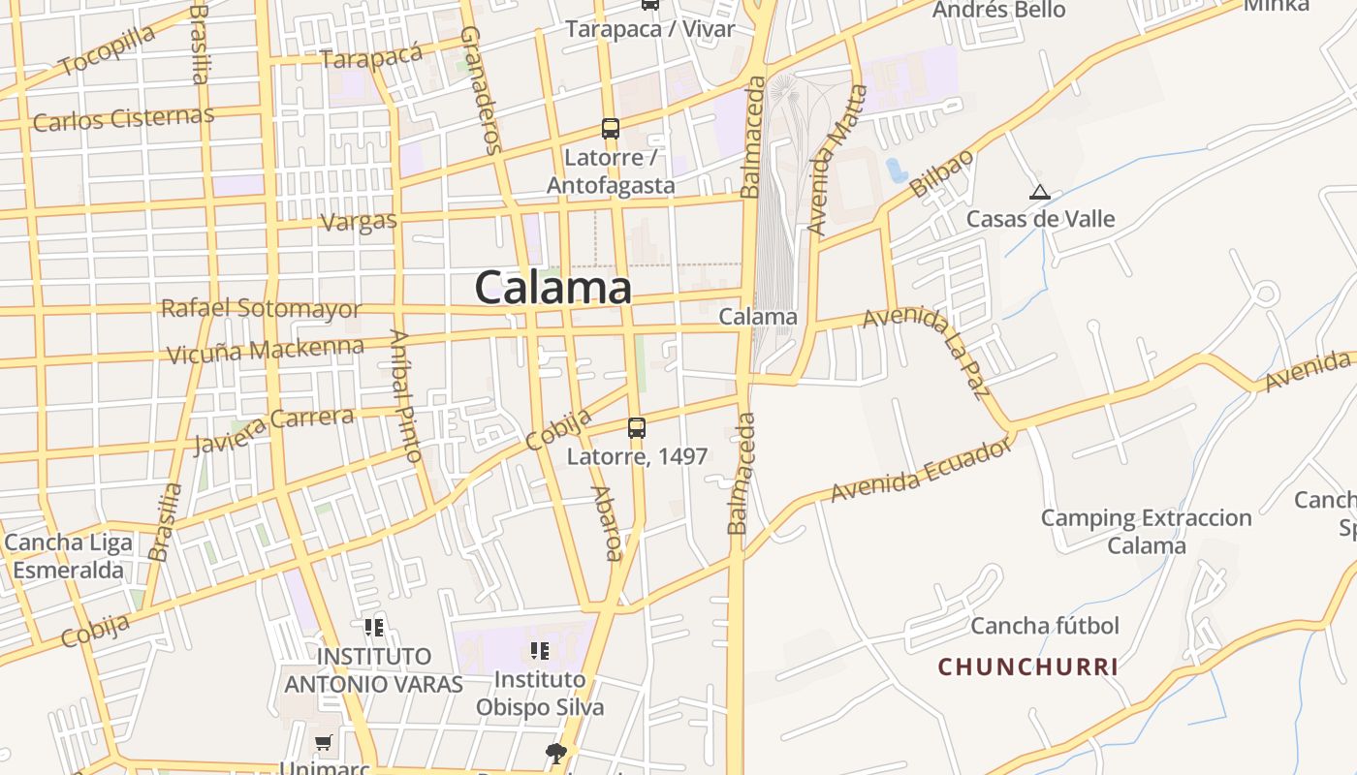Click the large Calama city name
coord(552,288)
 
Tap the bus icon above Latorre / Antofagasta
coord(611,128)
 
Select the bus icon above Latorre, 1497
coord(637,427)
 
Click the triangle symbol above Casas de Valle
coord(1040,192)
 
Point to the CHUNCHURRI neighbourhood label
coord(1028,666)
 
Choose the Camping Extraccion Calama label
coord(1147,531)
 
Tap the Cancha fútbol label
coord(1045,626)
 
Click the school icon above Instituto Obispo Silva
coord(540,651)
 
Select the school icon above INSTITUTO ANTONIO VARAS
coord(374,628)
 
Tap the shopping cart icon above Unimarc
coord(323,743)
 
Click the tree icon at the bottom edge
coord(556,753)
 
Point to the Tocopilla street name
coord(107,50)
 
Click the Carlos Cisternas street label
coord(123,119)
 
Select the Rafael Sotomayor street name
coord(262,309)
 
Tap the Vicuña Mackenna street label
coord(266,351)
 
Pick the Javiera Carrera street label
coord(273,428)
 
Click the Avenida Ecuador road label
coord(921,471)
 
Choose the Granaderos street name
coord(481,89)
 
